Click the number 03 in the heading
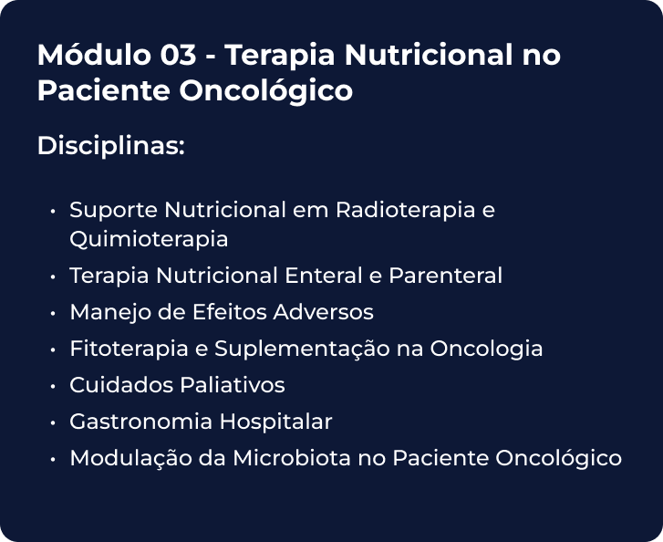click(178, 55)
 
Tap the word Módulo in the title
click(94, 54)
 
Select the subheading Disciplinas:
click(111, 146)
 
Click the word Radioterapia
click(406, 210)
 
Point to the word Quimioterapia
click(149, 239)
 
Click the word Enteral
click(324, 276)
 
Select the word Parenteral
click(446, 276)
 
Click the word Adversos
click(324, 312)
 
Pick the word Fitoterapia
click(129, 349)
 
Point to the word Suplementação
click(302, 349)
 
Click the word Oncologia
click(486, 349)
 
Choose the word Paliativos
click(233, 385)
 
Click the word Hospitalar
click(275, 422)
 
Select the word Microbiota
click(292, 458)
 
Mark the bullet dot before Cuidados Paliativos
click(52, 386)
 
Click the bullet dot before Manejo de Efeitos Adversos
click(52, 313)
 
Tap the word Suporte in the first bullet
click(114, 210)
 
